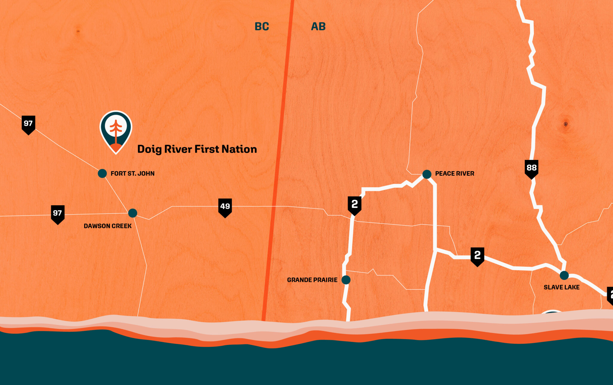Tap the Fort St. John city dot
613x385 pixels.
point(102,173)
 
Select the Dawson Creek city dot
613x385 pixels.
point(133,213)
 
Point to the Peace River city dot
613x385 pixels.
point(427,174)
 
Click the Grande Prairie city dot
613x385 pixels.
point(346,280)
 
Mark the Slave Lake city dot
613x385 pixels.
point(564,275)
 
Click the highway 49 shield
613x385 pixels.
point(225,207)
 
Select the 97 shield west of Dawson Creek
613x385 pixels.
point(58,214)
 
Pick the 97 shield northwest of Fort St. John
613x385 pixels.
point(28,124)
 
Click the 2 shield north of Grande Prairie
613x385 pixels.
point(355,205)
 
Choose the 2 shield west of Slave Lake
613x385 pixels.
point(477,256)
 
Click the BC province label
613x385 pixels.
point(262,27)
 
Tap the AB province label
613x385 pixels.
point(318,27)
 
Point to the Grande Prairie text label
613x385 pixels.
point(312,280)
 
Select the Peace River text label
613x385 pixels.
point(455,174)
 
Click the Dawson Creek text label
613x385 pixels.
point(108,226)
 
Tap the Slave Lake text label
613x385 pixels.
point(562,287)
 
